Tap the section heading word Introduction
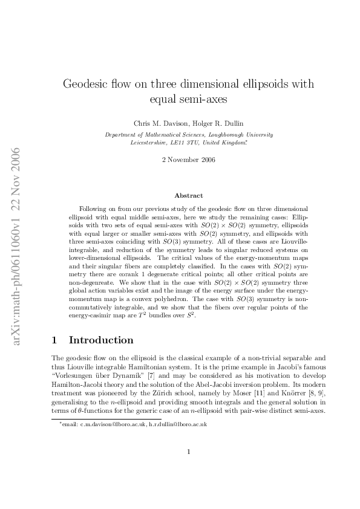tap(101, 340)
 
